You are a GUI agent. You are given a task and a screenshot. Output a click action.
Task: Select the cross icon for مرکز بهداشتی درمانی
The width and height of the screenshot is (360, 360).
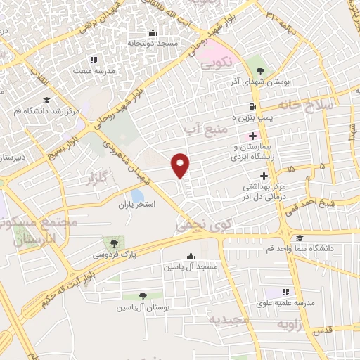[264, 175]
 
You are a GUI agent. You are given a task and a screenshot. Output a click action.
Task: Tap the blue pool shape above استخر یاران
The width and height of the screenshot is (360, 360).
[138, 195]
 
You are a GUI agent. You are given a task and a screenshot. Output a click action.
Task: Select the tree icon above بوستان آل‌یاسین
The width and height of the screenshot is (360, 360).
[143, 296]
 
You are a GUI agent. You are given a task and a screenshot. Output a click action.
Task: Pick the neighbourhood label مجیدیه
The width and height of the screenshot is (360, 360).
[230, 319]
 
